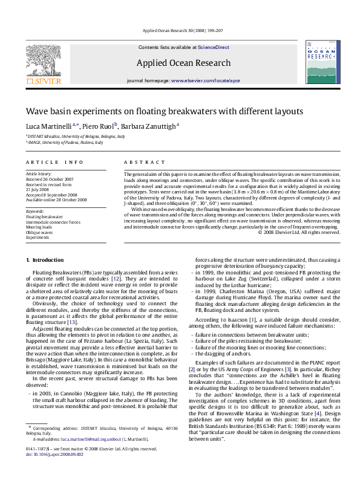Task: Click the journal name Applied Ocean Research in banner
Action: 183,63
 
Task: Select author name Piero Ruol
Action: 98,126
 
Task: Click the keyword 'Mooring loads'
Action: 39,227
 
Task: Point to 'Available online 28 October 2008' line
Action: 56,199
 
